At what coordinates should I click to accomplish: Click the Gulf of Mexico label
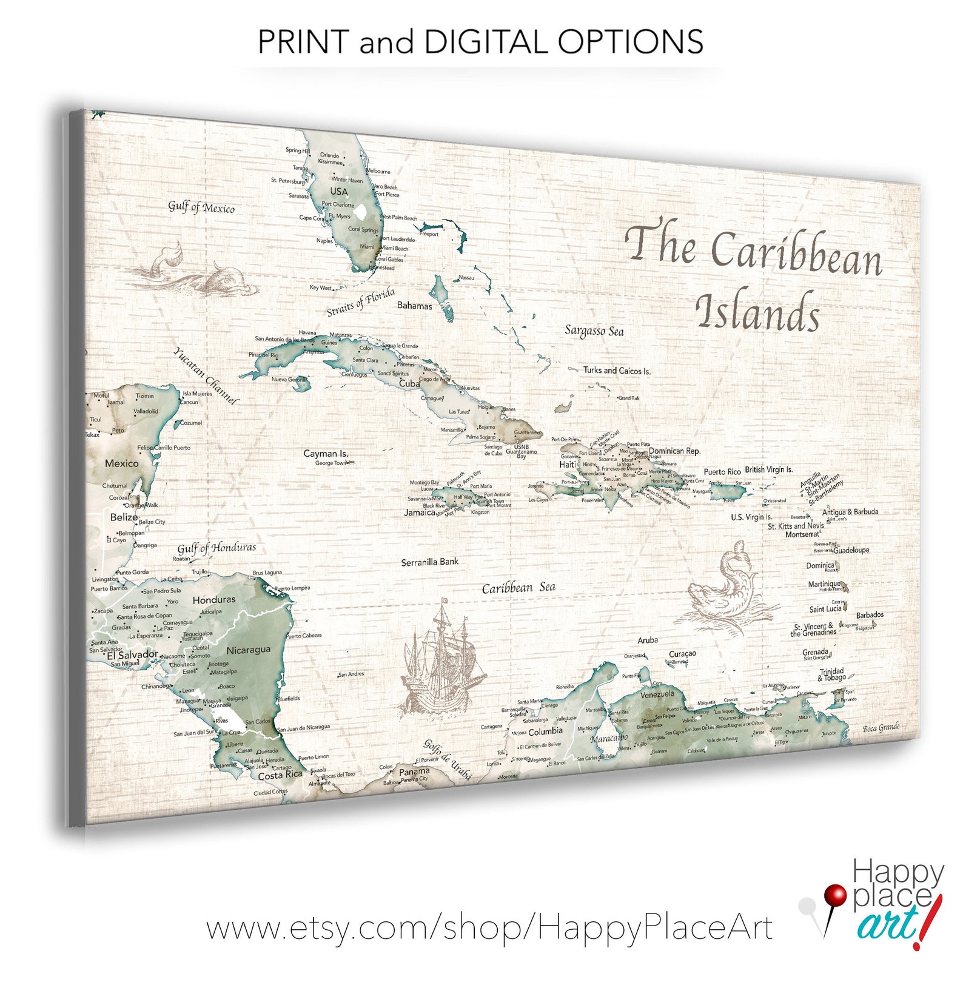[x=201, y=207]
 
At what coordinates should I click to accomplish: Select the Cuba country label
[x=409, y=383]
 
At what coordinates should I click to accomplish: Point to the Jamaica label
[x=420, y=513]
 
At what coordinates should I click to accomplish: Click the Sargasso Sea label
[x=594, y=331]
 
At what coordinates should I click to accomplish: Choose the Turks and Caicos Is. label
[x=616, y=371]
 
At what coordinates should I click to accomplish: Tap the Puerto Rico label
[x=722, y=472]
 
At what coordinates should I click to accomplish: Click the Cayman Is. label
[x=326, y=453]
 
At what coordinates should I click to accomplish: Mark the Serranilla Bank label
[x=430, y=562]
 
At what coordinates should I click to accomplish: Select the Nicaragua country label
[x=248, y=650]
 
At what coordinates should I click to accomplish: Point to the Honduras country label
[x=213, y=599]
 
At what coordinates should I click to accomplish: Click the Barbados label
[x=870, y=614]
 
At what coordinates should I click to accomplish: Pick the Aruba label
[x=648, y=640]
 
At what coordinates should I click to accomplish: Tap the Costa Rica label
[x=280, y=775]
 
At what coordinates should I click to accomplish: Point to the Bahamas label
[x=415, y=306]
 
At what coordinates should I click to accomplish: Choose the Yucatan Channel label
[x=206, y=376]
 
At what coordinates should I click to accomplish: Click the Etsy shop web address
[x=489, y=928]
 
